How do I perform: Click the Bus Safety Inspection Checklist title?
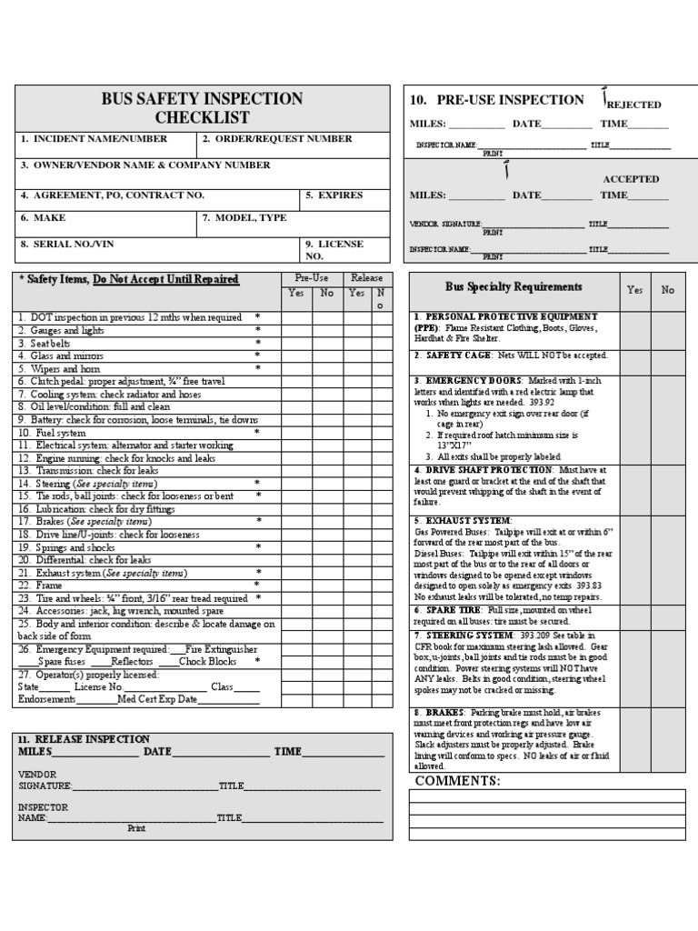(x=203, y=108)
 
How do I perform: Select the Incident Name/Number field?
(x=100, y=139)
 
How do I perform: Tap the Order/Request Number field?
(x=277, y=139)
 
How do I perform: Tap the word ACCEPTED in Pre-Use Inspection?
(x=631, y=179)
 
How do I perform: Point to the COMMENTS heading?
(x=457, y=781)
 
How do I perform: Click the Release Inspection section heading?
(x=85, y=739)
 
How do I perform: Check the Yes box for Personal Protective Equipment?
(x=634, y=327)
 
